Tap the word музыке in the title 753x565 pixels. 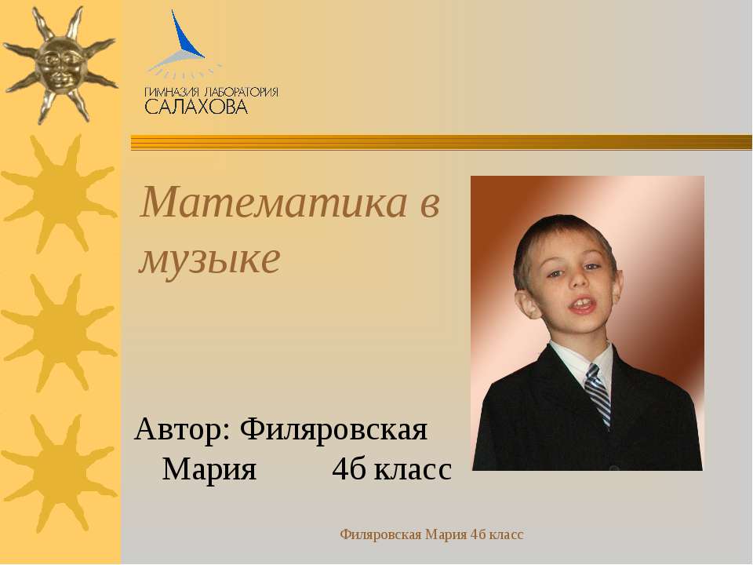[x=209, y=260]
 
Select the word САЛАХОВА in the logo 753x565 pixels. [x=196, y=106]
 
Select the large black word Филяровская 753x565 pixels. [x=333, y=431]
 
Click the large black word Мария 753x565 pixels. [x=209, y=470]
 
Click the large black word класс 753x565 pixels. [x=413, y=470]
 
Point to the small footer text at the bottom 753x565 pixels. [x=431, y=534]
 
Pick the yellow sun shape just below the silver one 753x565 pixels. [x=60, y=192]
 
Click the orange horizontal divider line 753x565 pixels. [x=439, y=142]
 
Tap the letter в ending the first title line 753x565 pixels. [x=430, y=204]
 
